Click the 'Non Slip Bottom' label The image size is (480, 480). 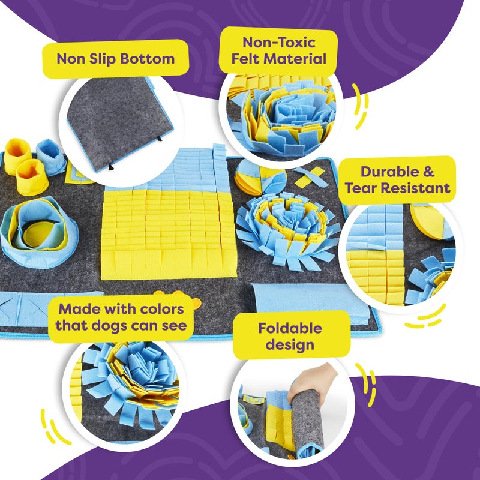[x=115, y=59]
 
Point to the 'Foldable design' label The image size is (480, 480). [x=290, y=336]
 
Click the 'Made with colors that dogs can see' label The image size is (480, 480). [x=122, y=318]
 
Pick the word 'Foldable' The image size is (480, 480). [x=290, y=328]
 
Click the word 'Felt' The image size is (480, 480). [x=255, y=59]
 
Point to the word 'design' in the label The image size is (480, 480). [x=290, y=344]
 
